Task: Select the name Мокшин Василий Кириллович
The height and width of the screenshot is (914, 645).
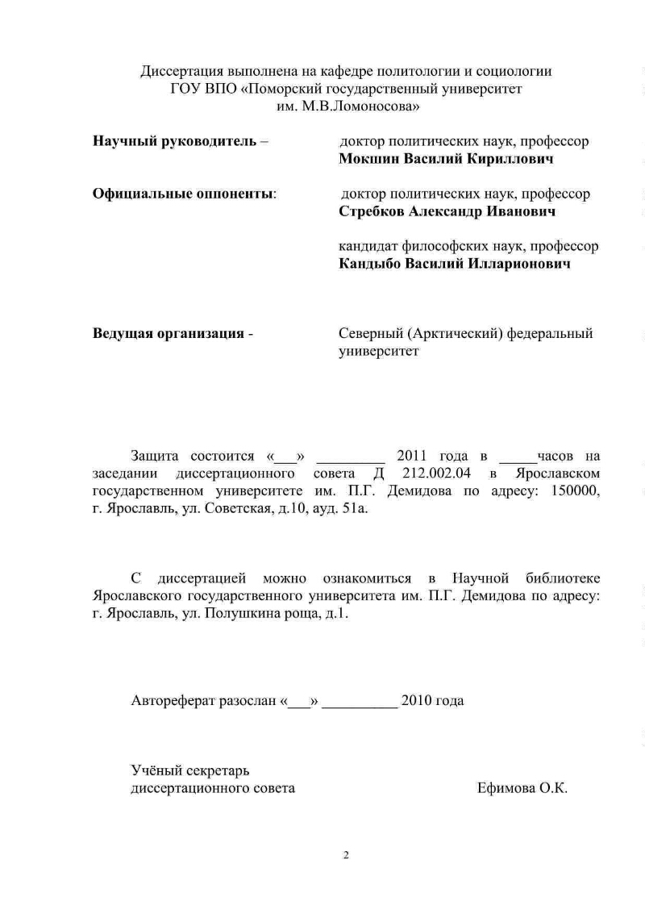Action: (446, 160)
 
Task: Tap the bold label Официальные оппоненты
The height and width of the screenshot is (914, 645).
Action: (183, 194)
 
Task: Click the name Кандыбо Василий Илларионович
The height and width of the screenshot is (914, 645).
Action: (455, 264)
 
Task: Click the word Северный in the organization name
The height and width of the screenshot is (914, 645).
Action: (371, 334)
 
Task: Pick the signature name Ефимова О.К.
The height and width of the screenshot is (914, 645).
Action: (522, 788)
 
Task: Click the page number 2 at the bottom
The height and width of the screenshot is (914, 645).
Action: (346, 855)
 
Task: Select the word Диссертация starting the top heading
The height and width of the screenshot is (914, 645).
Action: (180, 72)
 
